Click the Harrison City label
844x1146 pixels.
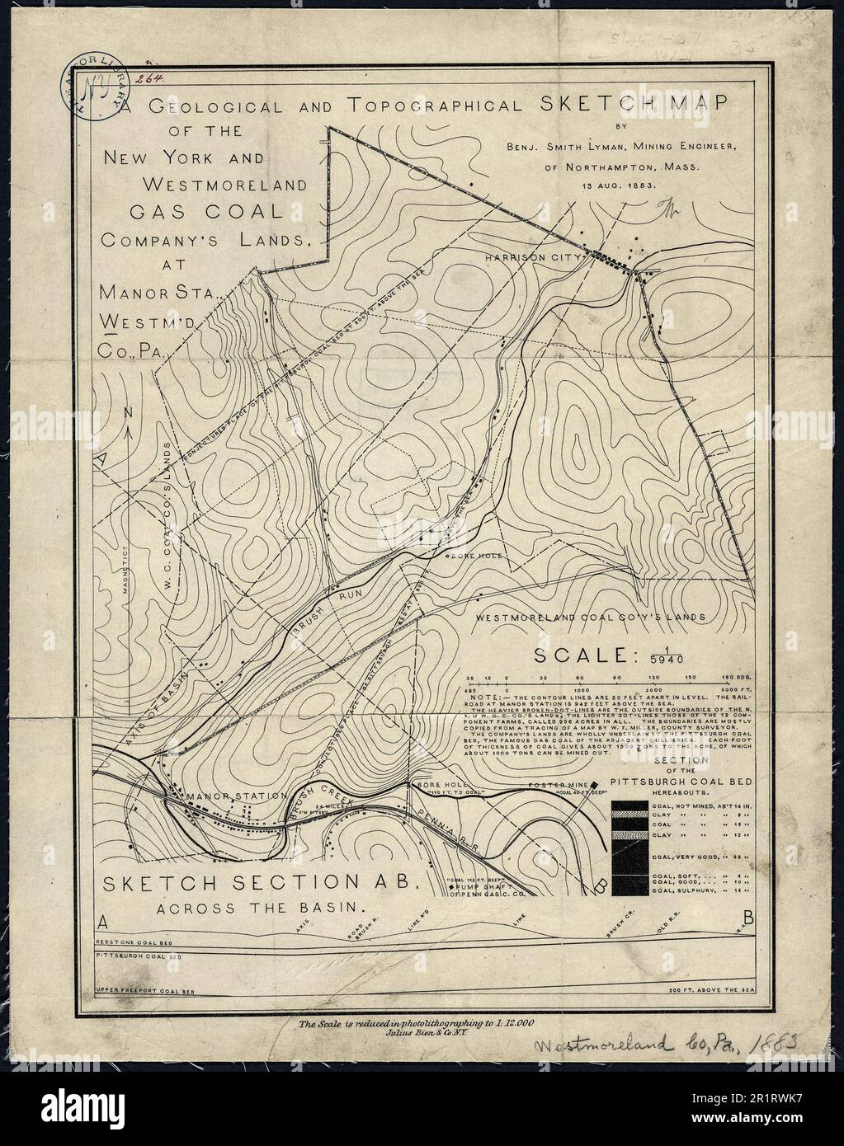point(523,257)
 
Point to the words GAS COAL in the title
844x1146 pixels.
point(207,212)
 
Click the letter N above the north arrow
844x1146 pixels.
point(128,411)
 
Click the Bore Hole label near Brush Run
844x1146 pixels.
point(474,557)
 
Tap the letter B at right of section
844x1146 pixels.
point(747,916)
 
